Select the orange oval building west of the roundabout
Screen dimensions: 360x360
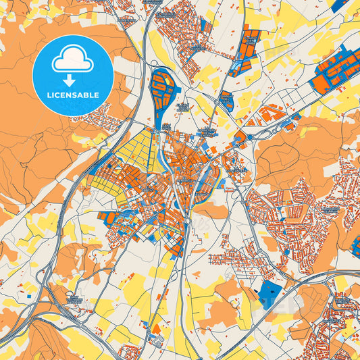[x=240, y=138]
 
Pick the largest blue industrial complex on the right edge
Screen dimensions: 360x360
[x=334, y=72]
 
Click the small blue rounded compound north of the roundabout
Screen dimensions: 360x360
[x=227, y=101]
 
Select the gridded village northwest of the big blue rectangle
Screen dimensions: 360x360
[x=233, y=261]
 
